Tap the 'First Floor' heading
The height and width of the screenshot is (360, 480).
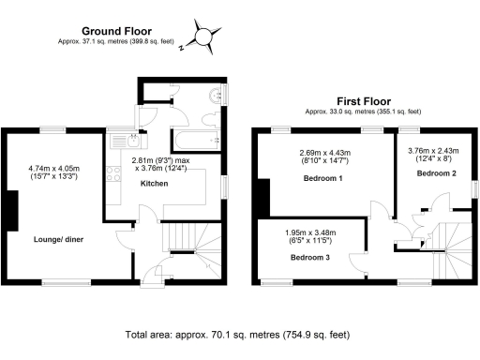363,99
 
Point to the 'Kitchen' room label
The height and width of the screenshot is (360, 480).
155,184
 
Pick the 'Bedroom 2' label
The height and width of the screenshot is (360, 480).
436,173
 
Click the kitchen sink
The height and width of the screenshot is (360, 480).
122,142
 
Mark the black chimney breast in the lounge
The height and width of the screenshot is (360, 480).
11,209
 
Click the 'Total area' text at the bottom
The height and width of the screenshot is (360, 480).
238,333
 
